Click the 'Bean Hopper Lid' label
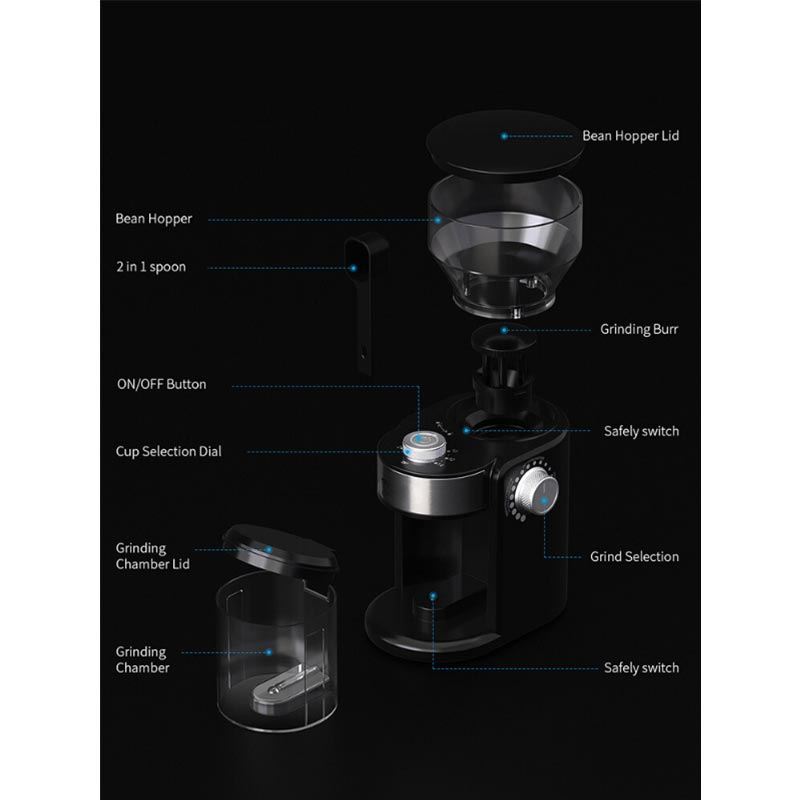[631, 136]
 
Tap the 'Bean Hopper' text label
[154, 219]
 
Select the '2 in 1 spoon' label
[151, 267]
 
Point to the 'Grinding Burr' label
[639, 329]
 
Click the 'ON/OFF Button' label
[161, 384]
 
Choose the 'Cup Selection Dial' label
[168, 452]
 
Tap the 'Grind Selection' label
[634, 557]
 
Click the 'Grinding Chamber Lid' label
[153, 556]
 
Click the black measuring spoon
[365, 303]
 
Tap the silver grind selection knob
[536, 492]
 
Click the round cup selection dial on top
[424, 447]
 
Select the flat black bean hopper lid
[505, 145]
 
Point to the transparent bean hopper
[505, 245]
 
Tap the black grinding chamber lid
[280, 551]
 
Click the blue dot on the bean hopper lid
[504, 136]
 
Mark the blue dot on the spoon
[353, 268]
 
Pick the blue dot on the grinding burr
[504, 330]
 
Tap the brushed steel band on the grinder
[434, 493]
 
